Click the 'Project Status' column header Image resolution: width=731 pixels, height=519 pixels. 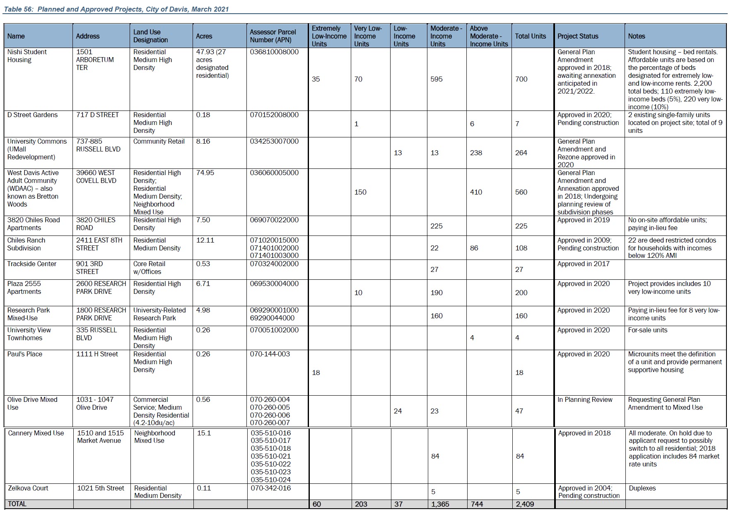tap(578, 36)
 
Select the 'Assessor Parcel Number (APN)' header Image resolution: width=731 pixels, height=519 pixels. tap(273, 36)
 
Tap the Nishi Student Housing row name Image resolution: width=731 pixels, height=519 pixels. tap(27, 56)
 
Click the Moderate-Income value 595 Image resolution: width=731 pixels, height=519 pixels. tap(436, 79)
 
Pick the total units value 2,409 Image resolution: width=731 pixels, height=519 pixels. tap(525, 504)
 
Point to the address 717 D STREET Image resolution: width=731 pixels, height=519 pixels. tap(97, 115)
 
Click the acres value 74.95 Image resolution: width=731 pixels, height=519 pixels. tap(205, 173)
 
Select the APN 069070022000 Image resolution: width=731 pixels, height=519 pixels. tap(274, 220)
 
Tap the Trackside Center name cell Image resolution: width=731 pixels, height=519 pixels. tap(31, 264)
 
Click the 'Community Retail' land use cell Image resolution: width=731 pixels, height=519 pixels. tap(159, 141)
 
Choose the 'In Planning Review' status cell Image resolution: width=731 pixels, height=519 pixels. tap(585, 399)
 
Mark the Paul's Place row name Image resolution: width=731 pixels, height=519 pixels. tap(24, 354)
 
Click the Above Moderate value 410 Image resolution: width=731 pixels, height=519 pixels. tap(476, 192)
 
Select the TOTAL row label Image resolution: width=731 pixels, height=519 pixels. tap(17, 504)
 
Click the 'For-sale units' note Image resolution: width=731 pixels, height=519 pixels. tap(647, 330)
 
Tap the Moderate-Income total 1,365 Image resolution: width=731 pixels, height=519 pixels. tap(440, 504)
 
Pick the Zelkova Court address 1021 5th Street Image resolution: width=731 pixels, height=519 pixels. tap(101, 488)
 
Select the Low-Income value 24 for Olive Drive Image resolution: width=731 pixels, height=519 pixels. tap(398, 411)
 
